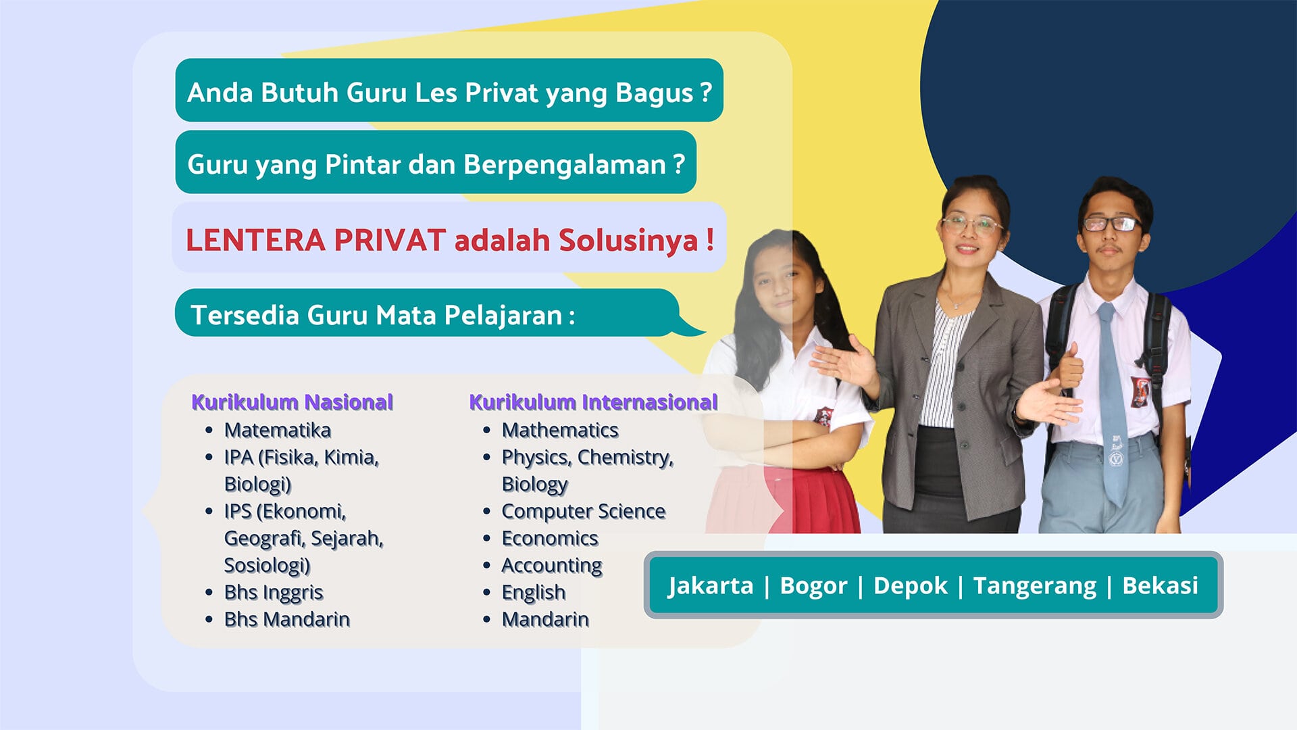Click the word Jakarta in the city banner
coord(710,585)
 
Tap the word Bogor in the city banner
coord(813,585)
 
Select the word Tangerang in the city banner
coord(1034,585)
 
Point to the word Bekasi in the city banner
coord(1160,585)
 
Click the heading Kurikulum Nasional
coord(292,402)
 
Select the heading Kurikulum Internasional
coord(592,402)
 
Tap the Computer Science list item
coord(583,511)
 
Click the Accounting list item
coord(551,565)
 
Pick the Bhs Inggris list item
coord(274,592)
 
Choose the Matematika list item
coord(277,430)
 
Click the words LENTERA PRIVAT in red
coord(315,240)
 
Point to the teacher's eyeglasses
coord(971,224)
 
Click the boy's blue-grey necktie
coord(1111,399)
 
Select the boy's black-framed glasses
coord(1111,224)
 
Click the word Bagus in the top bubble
coord(654,93)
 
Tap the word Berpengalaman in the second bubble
coord(565,164)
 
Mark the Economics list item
coord(549,538)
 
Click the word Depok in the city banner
coord(910,585)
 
